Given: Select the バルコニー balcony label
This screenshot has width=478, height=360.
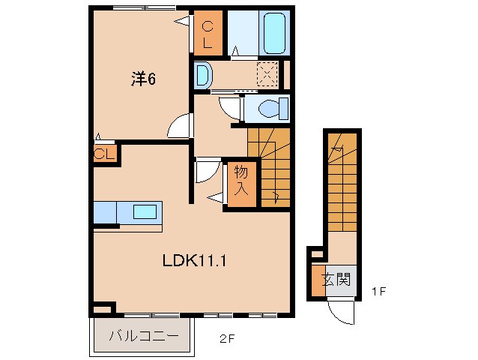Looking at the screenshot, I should point(142,335).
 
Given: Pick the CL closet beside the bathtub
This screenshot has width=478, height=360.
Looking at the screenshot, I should point(208,34).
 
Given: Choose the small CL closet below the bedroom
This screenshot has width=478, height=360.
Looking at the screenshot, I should point(104,154).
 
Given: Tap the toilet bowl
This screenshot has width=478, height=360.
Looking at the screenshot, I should point(270,109).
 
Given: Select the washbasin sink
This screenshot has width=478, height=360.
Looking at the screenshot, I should point(203,75).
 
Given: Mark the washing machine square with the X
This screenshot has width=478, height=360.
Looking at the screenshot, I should point(267,74).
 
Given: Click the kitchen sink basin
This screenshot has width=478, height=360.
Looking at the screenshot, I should point(145,211).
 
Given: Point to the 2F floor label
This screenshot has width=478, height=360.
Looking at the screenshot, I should point(227,338).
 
